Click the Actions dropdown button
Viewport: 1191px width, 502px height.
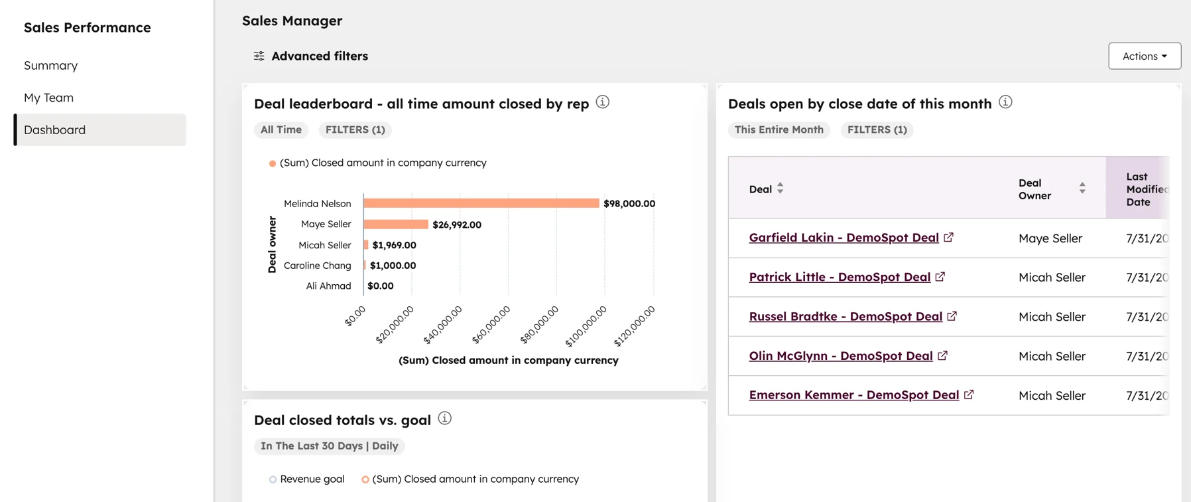[x=1144, y=56]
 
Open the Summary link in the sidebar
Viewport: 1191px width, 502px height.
[x=51, y=66]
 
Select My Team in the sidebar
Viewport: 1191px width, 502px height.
[x=49, y=98]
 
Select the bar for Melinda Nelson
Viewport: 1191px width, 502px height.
[x=481, y=203]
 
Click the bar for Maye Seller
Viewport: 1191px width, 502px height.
[x=396, y=224]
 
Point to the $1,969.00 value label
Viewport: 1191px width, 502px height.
[x=394, y=245]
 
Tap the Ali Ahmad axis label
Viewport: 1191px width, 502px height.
[x=328, y=286]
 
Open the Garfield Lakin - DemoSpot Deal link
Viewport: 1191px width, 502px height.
[x=844, y=238]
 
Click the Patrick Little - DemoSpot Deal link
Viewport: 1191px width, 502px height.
[x=840, y=277]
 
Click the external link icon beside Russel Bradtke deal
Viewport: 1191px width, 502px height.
[x=952, y=316]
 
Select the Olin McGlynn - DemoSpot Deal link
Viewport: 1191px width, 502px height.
[x=841, y=356]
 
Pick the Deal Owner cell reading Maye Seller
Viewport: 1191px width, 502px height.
[x=1050, y=238]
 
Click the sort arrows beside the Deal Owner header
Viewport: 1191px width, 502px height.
[x=1082, y=189]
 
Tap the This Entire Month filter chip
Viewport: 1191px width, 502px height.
[x=779, y=130]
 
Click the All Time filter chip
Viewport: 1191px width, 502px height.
[x=281, y=130]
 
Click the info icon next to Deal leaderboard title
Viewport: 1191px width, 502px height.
[x=602, y=102]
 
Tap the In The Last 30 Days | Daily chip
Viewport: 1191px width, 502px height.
[x=330, y=446]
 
